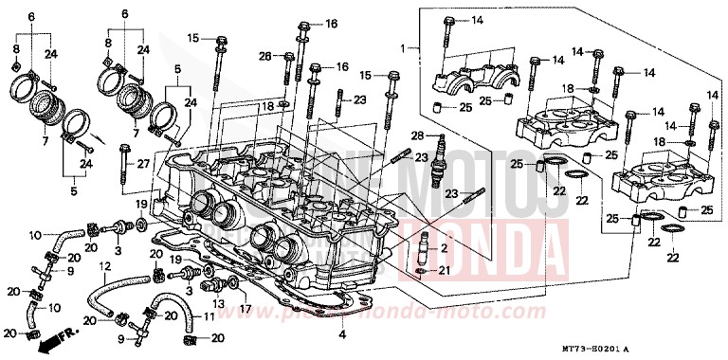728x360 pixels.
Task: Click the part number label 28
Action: coord(416,136)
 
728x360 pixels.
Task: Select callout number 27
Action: coord(144,163)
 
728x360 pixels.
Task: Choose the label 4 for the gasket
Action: coord(341,334)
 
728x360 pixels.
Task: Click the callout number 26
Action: coord(265,55)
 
